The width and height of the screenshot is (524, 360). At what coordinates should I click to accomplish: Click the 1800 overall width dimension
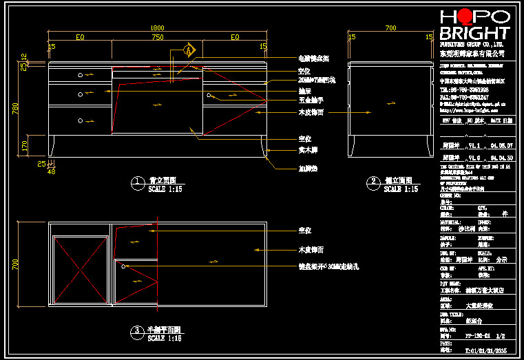[x=157, y=28]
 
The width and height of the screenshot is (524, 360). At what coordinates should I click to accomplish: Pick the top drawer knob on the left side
[x=81, y=74]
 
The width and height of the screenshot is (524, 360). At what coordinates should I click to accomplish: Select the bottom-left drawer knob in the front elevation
[x=81, y=120]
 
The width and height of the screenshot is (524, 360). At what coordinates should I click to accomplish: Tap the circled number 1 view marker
[x=136, y=182]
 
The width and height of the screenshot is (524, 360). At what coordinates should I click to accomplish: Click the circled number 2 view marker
[x=373, y=182]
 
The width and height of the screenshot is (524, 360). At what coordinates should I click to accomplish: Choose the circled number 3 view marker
[x=136, y=332]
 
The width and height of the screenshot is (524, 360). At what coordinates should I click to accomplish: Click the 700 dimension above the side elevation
[x=391, y=28]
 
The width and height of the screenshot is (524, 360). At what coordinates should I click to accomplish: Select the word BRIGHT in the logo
[x=474, y=32]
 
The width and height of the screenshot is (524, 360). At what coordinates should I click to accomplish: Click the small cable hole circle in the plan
[x=125, y=264]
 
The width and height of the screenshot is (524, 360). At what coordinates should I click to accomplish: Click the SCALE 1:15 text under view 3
[x=165, y=338]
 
